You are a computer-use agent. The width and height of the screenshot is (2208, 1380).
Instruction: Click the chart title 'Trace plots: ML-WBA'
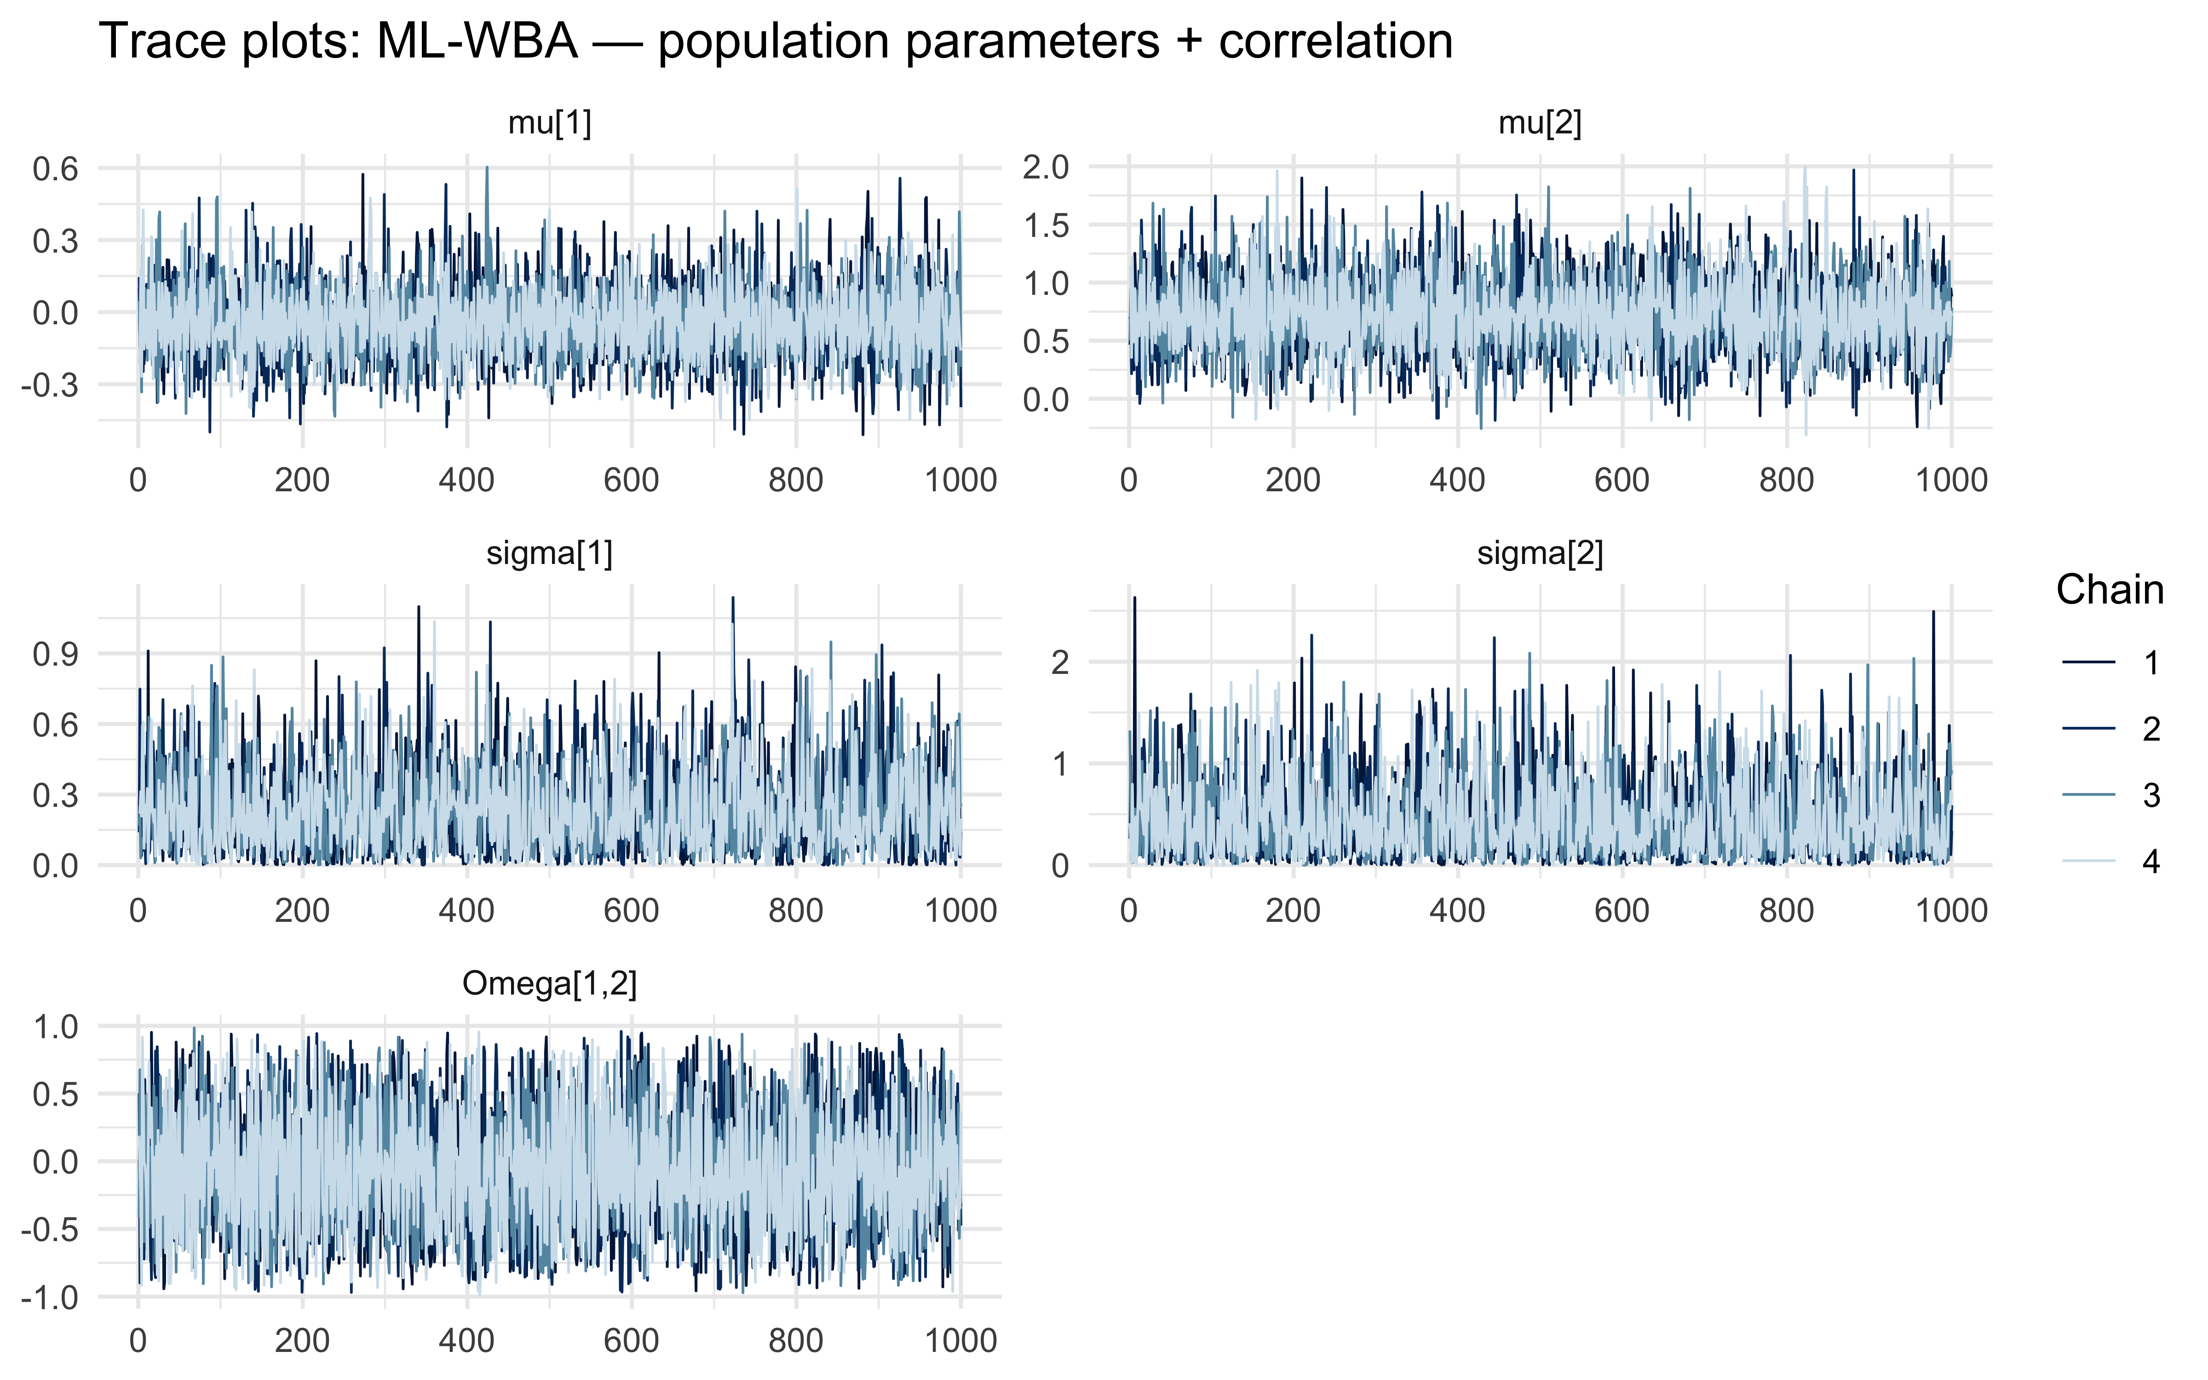click(776, 42)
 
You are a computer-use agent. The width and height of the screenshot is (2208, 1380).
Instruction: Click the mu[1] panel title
click(549, 122)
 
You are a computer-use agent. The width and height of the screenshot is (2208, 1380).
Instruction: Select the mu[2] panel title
click(1540, 122)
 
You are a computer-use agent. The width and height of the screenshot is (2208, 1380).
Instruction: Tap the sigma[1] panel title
click(549, 553)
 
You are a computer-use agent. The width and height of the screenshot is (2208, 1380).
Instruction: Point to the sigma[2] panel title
click(1540, 553)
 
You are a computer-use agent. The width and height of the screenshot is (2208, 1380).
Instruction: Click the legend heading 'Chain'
click(2110, 591)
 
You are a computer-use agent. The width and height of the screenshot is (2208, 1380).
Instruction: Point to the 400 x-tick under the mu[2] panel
click(1457, 480)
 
